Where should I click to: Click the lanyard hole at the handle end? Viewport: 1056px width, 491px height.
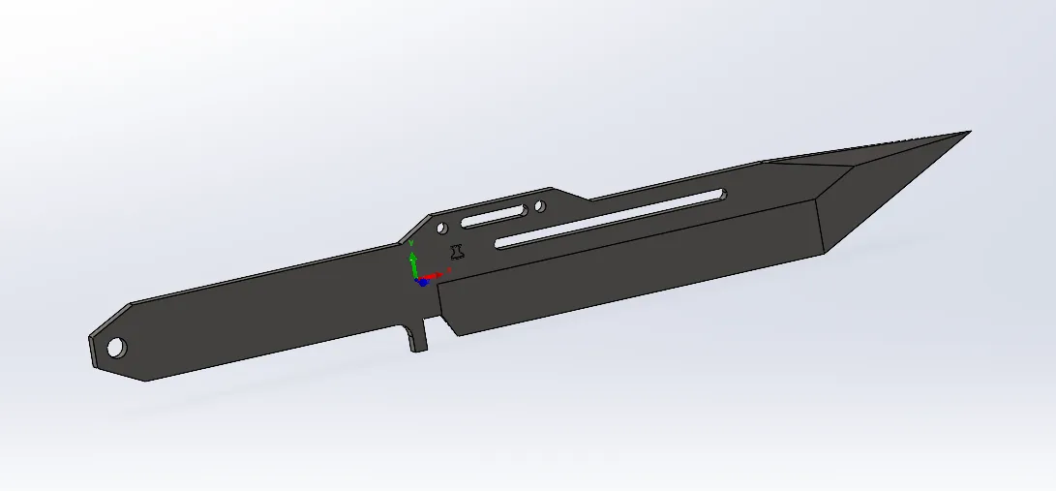tap(116, 346)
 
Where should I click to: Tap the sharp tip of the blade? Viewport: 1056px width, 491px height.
tap(967, 133)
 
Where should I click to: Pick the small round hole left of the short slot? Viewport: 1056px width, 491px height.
tap(442, 228)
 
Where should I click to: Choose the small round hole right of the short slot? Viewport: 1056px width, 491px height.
tap(539, 205)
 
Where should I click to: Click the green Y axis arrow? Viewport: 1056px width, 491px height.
tap(412, 262)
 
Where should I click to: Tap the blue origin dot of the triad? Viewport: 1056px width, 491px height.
tap(421, 282)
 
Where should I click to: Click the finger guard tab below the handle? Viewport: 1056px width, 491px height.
tap(416, 335)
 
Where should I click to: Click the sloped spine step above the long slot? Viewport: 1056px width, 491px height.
tap(571, 194)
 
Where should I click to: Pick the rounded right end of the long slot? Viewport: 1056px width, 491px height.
tap(720, 196)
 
